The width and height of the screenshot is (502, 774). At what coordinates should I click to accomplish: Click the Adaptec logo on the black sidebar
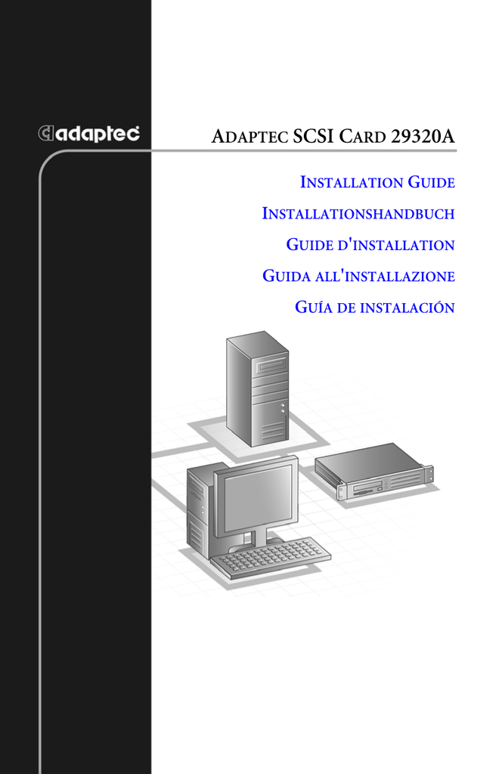(x=89, y=133)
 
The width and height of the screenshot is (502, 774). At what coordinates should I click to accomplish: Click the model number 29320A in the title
(x=423, y=136)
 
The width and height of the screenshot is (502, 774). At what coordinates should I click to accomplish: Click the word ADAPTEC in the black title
(x=249, y=137)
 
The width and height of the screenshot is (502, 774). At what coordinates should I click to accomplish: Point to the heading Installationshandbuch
(x=358, y=214)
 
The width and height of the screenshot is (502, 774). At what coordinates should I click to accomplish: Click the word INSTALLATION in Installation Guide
(x=352, y=182)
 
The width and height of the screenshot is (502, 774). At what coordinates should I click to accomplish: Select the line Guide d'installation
(x=370, y=245)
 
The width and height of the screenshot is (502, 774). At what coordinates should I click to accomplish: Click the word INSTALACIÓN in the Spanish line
(x=407, y=307)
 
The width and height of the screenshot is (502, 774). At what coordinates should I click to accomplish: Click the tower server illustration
(x=257, y=389)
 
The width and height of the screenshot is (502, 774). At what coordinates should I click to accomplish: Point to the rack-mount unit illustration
(x=374, y=472)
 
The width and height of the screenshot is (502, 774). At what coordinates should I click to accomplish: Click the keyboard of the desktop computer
(x=271, y=558)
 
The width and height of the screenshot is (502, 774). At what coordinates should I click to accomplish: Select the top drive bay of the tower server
(x=269, y=367)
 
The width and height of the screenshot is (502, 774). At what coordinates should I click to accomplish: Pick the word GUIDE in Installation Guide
(x=432, y=182)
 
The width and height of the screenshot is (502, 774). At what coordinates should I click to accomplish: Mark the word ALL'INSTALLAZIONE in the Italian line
(x=385, y=276)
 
